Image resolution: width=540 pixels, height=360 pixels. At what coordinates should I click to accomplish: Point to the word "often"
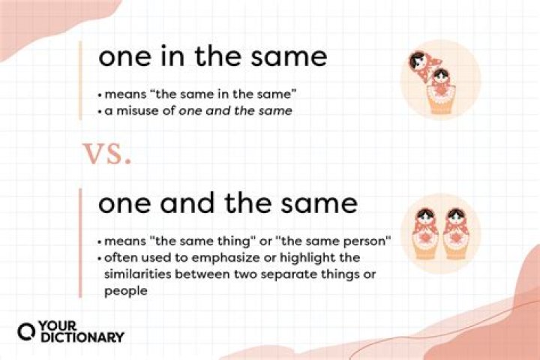click(118, 259)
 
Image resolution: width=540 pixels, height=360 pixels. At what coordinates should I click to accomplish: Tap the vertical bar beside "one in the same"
click(80, 79)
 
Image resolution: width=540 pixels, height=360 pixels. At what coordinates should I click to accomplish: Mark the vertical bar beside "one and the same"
click(80, 241)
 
